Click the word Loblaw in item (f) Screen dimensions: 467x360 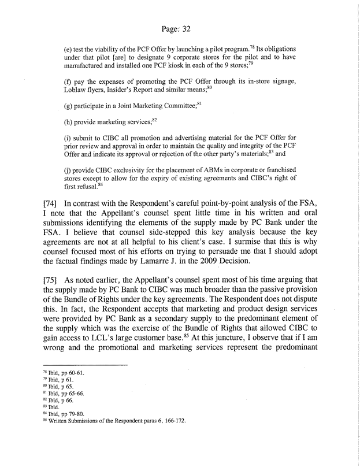[x=77, y=92]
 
